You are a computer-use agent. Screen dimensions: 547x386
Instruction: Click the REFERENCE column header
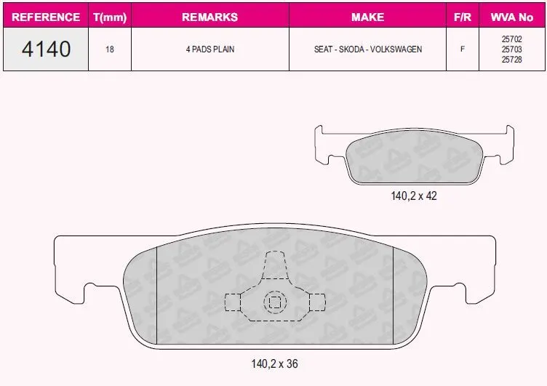click(x=46, y=17)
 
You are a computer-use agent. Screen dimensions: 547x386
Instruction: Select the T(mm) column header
click(x=110, y=17)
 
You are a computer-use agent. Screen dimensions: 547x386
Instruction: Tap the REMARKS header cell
click(x=210, y=17)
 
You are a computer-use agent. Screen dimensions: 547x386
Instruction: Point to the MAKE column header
click(x=367, y=17)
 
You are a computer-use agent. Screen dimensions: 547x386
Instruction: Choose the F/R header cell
click(x=463, y=17)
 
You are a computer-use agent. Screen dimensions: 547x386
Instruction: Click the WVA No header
click(x=512, y=17)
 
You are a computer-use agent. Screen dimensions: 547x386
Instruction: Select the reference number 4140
click(x=46, y=49)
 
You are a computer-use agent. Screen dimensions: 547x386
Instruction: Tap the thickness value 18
click(x=110, y=49)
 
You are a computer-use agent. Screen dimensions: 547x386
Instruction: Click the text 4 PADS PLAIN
click(x=210, y=49)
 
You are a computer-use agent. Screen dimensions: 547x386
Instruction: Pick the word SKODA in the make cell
click(x=351, y=49)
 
